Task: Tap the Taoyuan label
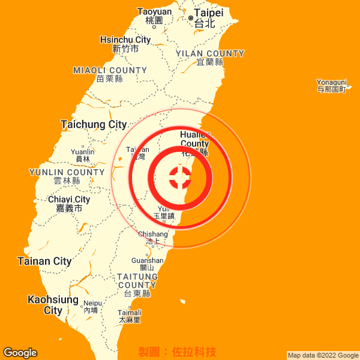click(x=154, y=16)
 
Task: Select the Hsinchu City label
click(x=125, y=44)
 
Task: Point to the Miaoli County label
click(x=110, y=74)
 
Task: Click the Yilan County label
click(x=210, y=58)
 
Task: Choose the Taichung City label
click(x=94, y=125)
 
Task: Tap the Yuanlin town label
click(x=82, y=155)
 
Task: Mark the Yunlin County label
click(x=67, y=176)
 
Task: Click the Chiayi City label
click(x=69, y=203)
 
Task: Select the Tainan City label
click(x=44, y=261)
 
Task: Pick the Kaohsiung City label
click(x=53, y=305)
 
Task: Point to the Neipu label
click(x=92, y=307)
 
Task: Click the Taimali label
click(x=130, y=316)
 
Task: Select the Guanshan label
click(x=147, y=264)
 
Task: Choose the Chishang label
click(x=153, y=238)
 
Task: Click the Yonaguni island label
click(x=332, y=85)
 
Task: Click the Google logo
click(x=20, y=353)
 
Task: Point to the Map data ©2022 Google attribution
click(x=323, y=355)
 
